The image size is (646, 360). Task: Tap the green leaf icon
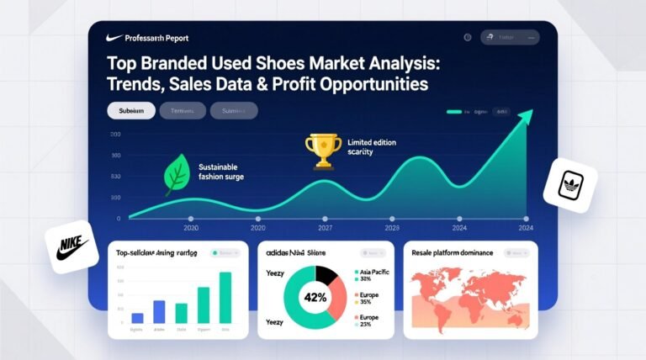click(177, 174)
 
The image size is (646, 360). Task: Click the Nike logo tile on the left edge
click(72, 246)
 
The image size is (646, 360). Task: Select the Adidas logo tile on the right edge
click(570, 186)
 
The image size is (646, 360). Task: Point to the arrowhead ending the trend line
click(527, 117)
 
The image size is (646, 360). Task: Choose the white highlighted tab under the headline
click(131, 110)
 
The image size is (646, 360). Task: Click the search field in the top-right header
click(509, 37)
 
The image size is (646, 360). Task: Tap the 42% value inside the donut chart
click(316, 296)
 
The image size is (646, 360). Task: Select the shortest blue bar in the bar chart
click(138, 318)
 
